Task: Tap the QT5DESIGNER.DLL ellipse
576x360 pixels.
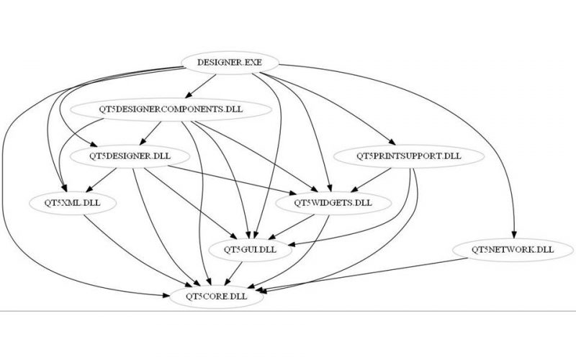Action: pos(130,155)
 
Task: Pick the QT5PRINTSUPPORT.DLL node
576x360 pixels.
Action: pos(408,155)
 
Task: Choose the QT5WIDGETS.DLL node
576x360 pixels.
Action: pos(333,202)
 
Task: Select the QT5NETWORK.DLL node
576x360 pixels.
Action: pos(513,250)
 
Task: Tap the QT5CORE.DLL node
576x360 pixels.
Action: pos(214,296)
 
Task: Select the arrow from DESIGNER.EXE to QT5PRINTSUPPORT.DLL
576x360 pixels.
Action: pos(338,108)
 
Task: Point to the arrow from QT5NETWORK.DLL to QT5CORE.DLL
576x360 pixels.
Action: pos(374,277)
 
